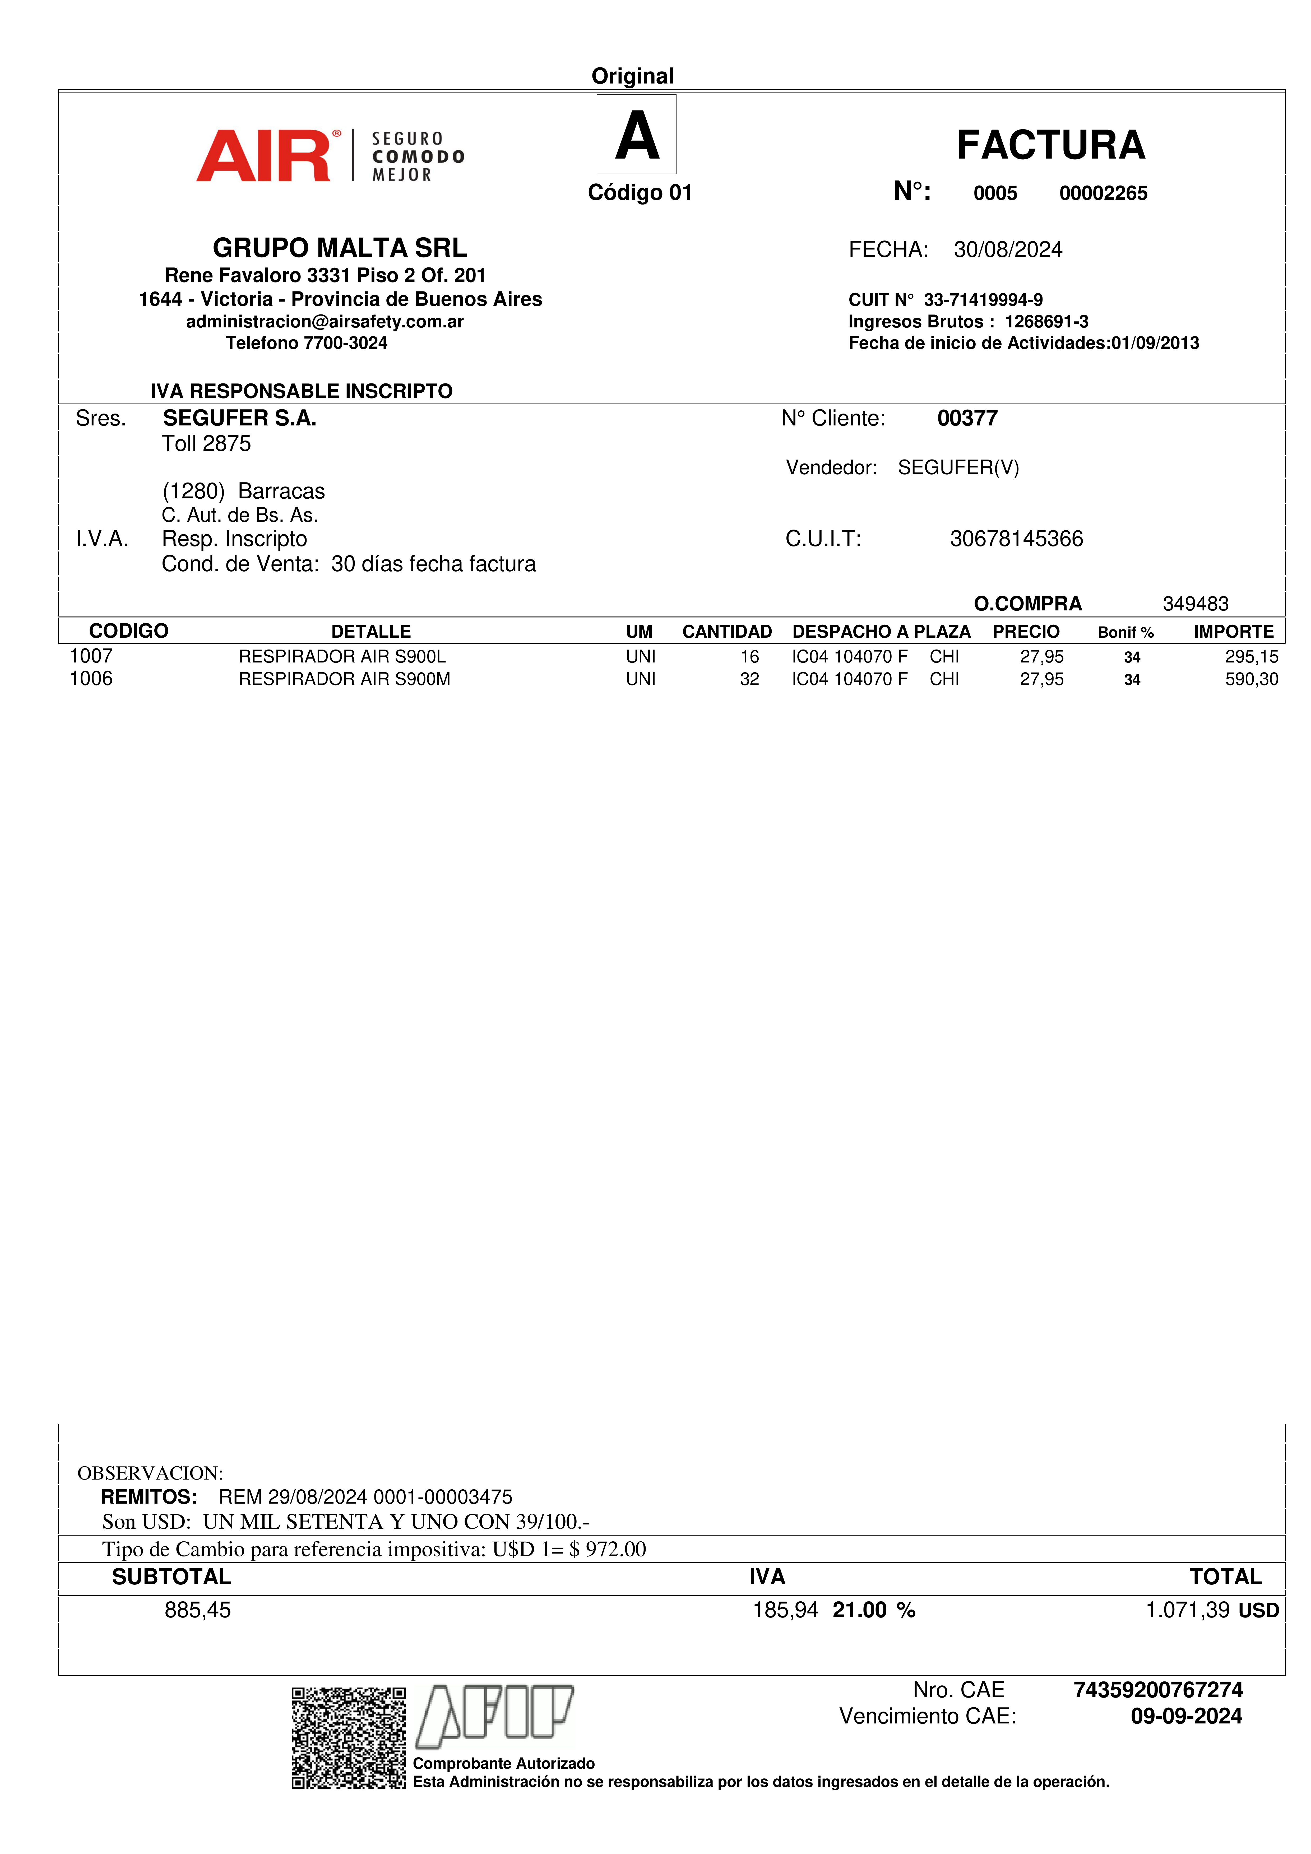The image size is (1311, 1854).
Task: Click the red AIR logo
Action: coord(264,156)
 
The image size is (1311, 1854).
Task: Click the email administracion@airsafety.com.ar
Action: coord(325,321)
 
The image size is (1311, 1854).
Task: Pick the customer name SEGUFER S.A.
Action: coord(239,418)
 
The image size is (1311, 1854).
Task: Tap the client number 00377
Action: coord(967,418)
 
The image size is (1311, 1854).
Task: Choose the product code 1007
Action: coord(91,656)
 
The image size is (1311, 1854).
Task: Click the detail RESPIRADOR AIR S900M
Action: coord(344,679)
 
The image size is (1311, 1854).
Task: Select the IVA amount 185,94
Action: coord(785,1610)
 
